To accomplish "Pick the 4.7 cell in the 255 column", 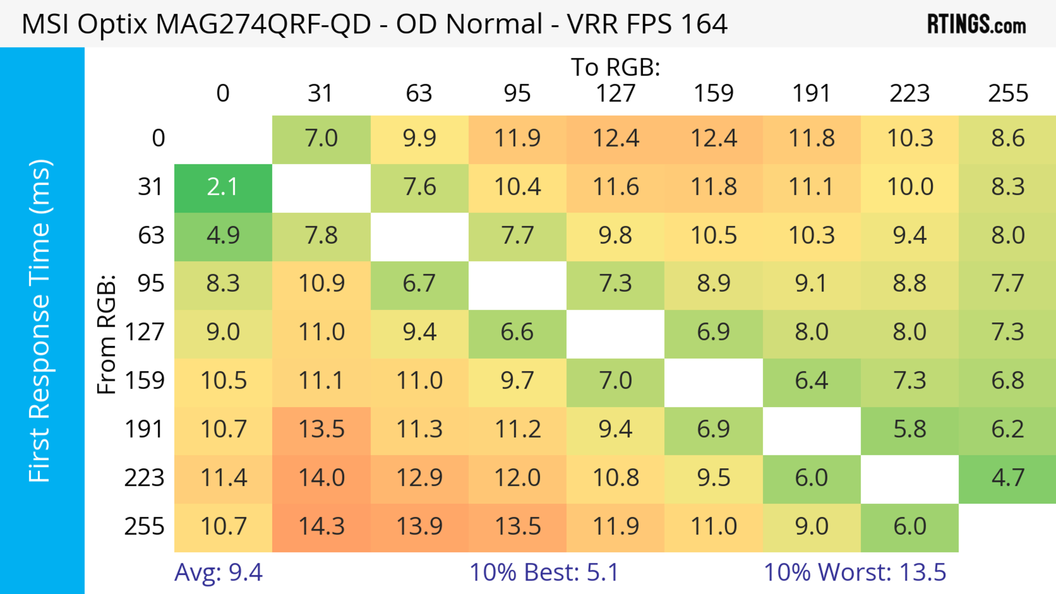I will [1008, 478].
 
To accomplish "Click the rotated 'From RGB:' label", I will [107, 334].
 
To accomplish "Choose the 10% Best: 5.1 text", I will [544, 572].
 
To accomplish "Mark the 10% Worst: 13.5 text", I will [855, 572].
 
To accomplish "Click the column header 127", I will [615, 93].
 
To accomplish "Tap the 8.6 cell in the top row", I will [1008, 139].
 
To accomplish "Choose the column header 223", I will [910, 93].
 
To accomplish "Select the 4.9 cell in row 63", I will [223, 236].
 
